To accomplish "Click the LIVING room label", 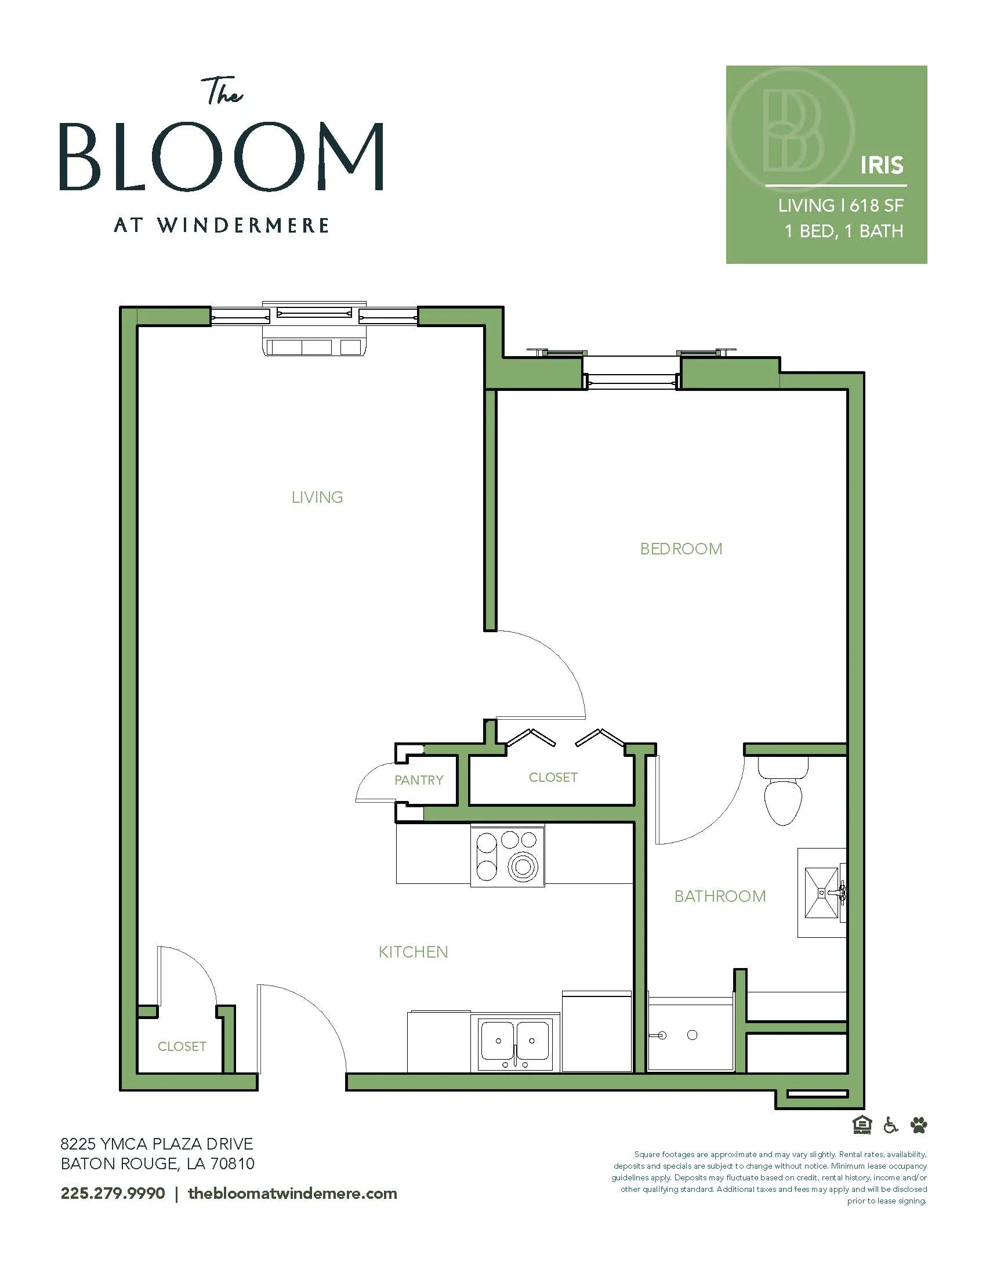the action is (x=317, y=497).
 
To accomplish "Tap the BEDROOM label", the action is (x=681, y=549).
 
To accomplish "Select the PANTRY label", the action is (x=419, y=780).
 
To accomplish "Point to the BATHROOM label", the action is (x=720, y=896).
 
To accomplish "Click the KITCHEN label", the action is (x=413, y=952).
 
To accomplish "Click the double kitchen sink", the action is (x=514, y=1046).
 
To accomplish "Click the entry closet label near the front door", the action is (x=182, y=1046).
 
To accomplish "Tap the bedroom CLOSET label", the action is (x=553, y=777).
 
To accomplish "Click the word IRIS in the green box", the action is (x=882, y=165).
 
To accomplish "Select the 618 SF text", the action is (x=876, y=206).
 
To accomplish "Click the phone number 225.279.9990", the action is (x=113, y=1193).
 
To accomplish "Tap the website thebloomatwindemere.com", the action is (x=293, y=1193).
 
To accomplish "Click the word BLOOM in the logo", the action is (x=222, y=156).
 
